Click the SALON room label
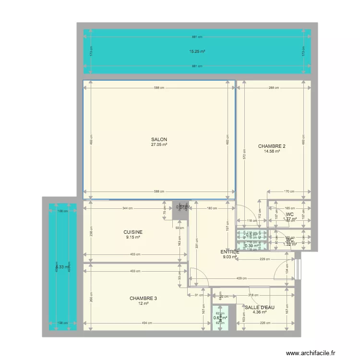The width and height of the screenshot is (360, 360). pos(160,139)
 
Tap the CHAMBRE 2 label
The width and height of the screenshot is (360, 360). pos(272,146)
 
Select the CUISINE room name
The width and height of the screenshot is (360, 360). pos(133,232)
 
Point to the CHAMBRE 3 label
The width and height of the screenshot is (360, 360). pos(143,298)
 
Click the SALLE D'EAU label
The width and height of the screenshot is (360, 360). pos(259,308)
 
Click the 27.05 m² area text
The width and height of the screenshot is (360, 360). pos(160,144)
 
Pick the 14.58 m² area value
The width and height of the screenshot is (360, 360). pos(272,152)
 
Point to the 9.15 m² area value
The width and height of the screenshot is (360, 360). pos(133,237)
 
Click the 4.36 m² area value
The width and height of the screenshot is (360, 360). pos(259,313)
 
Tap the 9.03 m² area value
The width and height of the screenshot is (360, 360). pos(230,257)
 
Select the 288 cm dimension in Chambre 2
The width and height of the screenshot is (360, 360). pos(274,88)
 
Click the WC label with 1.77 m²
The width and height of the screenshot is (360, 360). pos(289,215)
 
